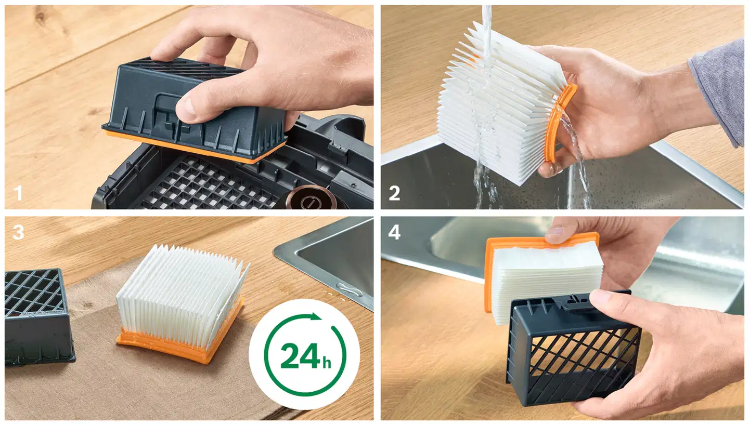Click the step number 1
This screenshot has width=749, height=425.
(18, 193)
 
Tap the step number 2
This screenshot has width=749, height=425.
(395, 193)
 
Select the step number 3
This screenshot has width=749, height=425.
(18, 232)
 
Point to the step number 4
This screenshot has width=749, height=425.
(395, 232)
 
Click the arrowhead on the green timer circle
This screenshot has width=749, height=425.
(315, 316)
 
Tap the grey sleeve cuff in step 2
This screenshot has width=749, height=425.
(719, 90)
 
